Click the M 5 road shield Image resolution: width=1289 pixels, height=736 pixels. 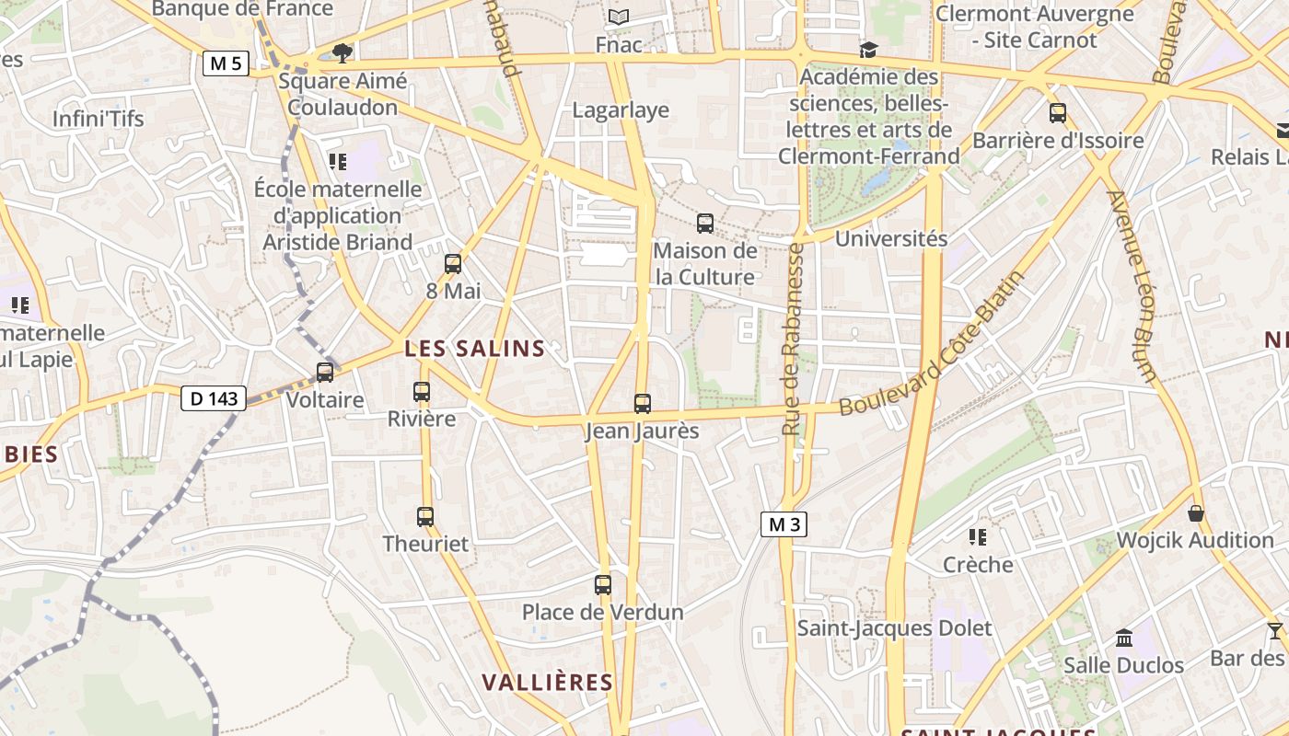[x=226, y=63]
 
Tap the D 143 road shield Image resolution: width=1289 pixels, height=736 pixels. [x=214, y=398]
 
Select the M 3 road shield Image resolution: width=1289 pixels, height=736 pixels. [x=784, y=524]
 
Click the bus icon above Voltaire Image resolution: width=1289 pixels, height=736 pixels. [x=325, y=373]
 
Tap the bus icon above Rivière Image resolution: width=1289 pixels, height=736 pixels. [x=422, y=392]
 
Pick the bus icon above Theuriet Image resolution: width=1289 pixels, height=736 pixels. [x=424, y=517]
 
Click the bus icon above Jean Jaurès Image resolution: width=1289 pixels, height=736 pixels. [x=643, y=404]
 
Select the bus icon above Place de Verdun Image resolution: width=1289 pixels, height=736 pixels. [x=603, y=585]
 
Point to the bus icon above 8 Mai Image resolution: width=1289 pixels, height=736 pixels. [x=452, y=264]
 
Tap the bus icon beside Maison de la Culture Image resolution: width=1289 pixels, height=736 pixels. [x=705, y=223]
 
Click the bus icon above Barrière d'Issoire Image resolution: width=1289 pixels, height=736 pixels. [x=1058, y=113]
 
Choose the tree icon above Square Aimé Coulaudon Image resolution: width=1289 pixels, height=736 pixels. [x=343, y=53]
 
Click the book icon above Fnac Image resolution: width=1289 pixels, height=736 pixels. [x=619, y=17]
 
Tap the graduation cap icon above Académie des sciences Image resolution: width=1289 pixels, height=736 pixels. [x=868, y=50]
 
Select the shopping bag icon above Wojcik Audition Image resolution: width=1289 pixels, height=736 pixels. [x=1196, y=513]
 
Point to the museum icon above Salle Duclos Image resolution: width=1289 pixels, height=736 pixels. [x=1123, y=638]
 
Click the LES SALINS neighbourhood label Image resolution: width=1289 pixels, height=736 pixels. [x=475, y=349]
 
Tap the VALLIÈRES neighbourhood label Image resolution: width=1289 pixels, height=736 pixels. [x=548, y=683]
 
